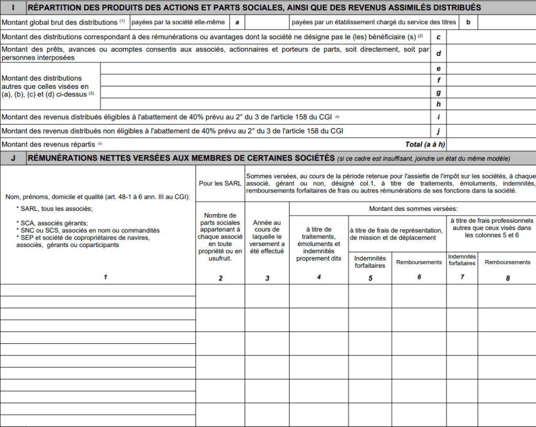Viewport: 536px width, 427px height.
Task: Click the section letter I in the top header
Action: tap(13, 7)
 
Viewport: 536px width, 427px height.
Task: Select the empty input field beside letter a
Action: tap(267, 23)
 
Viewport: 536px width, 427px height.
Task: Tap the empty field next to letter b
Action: tap(506, 23)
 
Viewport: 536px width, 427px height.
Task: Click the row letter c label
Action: tap(438, 37)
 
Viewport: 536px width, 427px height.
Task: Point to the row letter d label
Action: tap(438, 53)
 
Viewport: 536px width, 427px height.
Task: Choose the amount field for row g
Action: tap(490, 92)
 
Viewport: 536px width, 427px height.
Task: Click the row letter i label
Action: tap(438, 117)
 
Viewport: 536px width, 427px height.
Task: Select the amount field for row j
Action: tap(490, 131)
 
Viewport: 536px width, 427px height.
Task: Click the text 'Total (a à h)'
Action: tap(425, 144)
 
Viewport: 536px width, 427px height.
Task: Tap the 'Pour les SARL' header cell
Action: tap(220, 184)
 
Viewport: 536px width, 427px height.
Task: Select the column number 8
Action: tap(507, 278)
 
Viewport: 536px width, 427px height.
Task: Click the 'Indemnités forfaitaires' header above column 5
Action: tap(370, 262)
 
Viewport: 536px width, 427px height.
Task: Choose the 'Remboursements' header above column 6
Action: tap(419, 262)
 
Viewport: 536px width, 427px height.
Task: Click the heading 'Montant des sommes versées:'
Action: tap(413, 209)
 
